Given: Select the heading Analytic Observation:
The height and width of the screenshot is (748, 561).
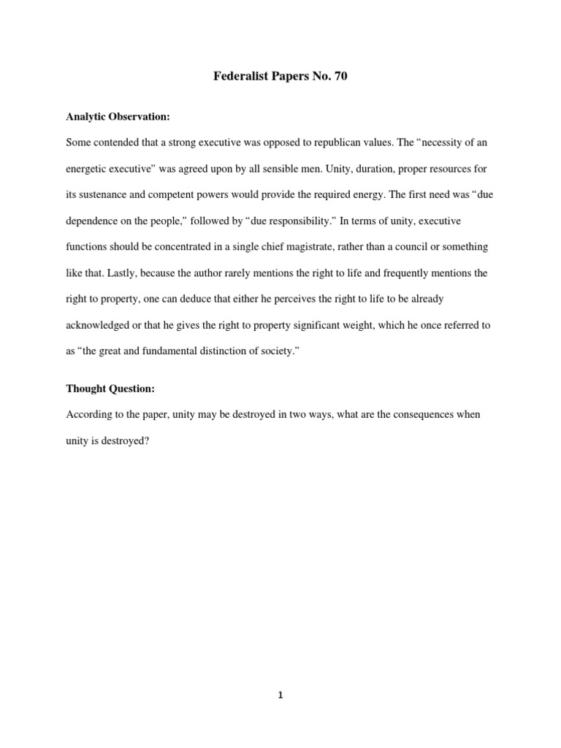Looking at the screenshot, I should pos(118,116).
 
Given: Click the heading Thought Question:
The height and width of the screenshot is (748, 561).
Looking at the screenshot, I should pos(110,389).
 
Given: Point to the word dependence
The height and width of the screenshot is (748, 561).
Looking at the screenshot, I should pos(93,221).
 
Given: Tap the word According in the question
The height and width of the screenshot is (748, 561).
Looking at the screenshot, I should pos(90,415).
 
